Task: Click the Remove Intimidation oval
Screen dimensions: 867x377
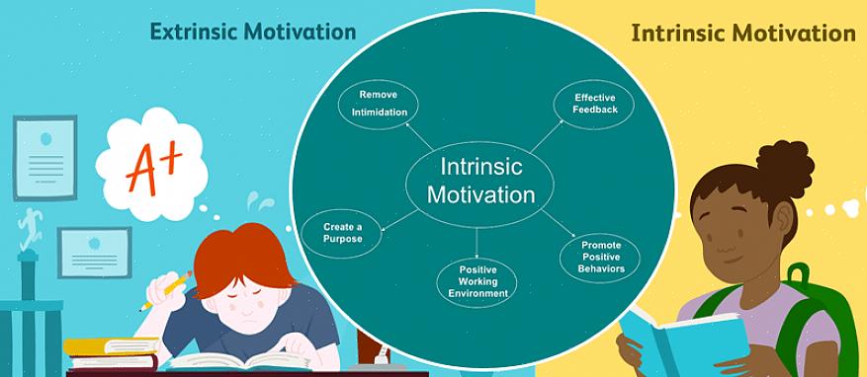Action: pos(379,105)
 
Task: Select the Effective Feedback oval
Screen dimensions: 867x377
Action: pos(594,105)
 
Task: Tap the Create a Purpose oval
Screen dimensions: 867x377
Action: pos(342,234)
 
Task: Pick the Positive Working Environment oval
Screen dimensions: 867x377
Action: pos(477,283)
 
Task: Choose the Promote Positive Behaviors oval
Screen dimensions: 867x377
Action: pos(600,258)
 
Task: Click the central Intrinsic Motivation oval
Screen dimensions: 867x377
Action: pos(479,181)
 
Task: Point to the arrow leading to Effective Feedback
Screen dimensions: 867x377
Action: pos(547,136)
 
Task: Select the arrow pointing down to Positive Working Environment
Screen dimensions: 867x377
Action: pos(477,243)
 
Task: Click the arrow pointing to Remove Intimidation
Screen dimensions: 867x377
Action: pos(418,136)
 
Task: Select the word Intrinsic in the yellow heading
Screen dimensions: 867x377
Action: pos(675,34)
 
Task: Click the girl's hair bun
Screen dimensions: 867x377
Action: pos(785,163)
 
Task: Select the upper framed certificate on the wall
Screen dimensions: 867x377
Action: pos(44,157)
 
